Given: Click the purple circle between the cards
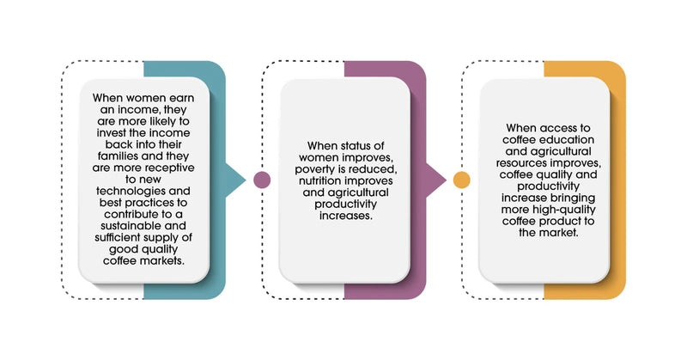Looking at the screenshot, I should [x=263, y=180].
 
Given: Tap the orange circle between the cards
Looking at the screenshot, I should [x=462, y=180].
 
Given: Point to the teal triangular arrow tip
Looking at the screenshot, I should [x=239, y=180].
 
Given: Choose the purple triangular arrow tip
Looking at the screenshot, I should [x=438, y=180].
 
